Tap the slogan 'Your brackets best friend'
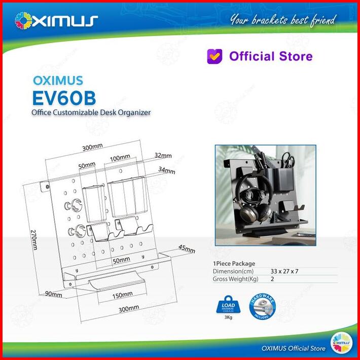click(x=283, y=20)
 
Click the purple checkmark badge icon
click(x=214, y=56)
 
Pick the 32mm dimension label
click(x=164, y=155)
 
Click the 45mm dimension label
click(x=187, y=249)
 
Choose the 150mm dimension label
click(x=123, y=294)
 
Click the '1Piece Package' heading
click(x=234, y=263)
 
